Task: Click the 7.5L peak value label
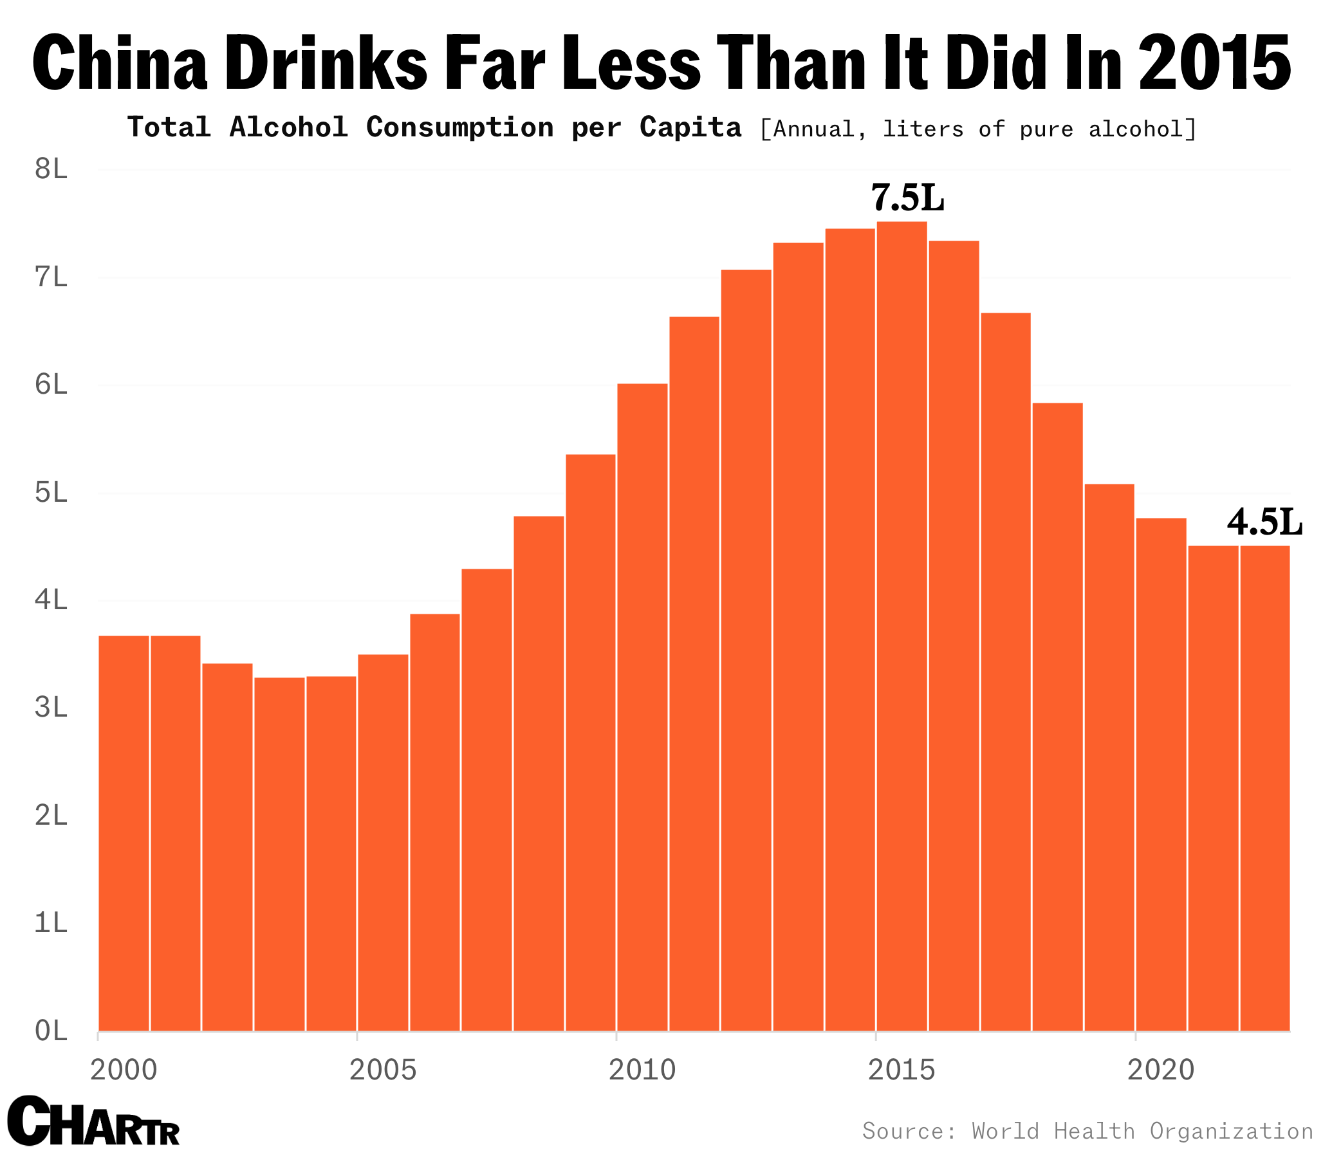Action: coord(907,198)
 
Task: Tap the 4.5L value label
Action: coord(1264,522)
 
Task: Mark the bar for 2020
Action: coord(1161,774)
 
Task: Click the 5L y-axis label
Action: coord(51,493)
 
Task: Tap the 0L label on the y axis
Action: coord(51,1031)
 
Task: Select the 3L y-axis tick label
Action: coord(51,708)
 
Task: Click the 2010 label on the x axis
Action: coord(642,1070)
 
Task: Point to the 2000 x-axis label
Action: coord(124,1070)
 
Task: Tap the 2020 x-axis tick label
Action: coord(1161,1070)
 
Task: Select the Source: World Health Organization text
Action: coord(1087,1131)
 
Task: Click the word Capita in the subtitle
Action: coord(690,128)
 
